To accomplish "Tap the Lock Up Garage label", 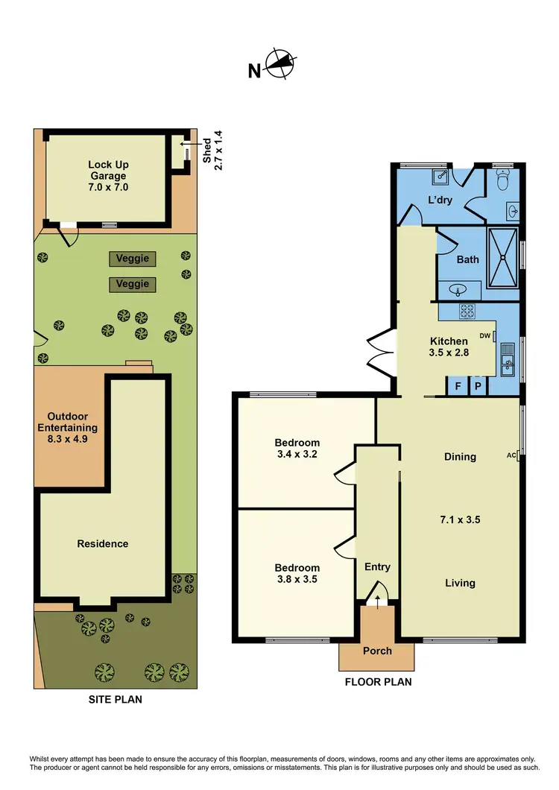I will tap(107, 176).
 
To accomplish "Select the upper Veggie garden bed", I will tap(133, 259).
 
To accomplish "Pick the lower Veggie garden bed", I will tap(133, 284).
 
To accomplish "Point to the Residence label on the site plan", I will tap(103, 543).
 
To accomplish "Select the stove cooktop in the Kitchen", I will tap(467, 311).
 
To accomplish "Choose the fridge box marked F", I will tap(457, 387).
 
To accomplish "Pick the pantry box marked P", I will tap(478, 387).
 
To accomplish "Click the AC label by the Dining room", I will tap(511, 455).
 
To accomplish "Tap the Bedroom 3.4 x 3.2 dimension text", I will tap(295, 453).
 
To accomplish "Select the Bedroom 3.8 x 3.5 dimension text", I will tap(295, 578).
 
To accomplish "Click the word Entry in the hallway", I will tap(377, 567).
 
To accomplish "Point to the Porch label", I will tap(377, 651).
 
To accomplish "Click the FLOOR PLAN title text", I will tap(377, 681).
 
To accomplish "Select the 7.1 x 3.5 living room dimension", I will tap(459, 519).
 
